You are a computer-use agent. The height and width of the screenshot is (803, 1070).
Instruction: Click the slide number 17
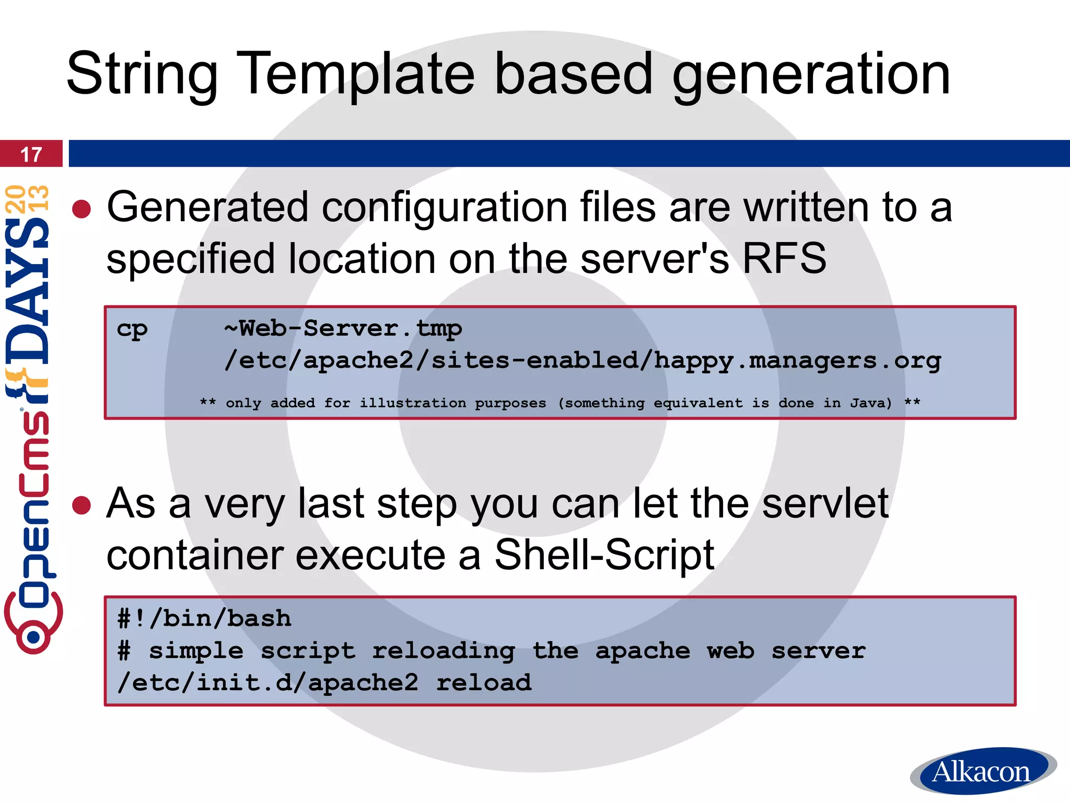[31, 155]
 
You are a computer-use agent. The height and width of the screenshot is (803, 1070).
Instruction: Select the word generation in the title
[810, 74]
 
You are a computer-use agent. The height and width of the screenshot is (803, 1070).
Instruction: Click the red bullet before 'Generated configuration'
[82, 209]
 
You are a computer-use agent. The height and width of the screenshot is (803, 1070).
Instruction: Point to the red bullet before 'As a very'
[82, 506]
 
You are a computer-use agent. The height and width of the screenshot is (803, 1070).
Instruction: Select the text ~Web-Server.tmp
[343, 329]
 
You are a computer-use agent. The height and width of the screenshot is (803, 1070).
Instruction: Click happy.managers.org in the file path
[797, 361]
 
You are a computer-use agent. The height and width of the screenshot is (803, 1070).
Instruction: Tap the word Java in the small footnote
[870, 403]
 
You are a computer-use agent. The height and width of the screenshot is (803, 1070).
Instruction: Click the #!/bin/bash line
[204, 619]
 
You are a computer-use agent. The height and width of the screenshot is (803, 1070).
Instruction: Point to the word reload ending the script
[484, 683]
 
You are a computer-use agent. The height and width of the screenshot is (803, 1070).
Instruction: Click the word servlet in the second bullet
[825, 503]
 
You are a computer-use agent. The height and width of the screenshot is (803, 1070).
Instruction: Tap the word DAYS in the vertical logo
[27, 293]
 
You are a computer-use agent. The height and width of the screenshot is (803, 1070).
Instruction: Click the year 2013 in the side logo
[27, 199]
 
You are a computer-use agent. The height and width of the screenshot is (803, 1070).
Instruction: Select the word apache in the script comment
[643, 651]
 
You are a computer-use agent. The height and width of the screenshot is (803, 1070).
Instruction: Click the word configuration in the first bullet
[444, 208]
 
